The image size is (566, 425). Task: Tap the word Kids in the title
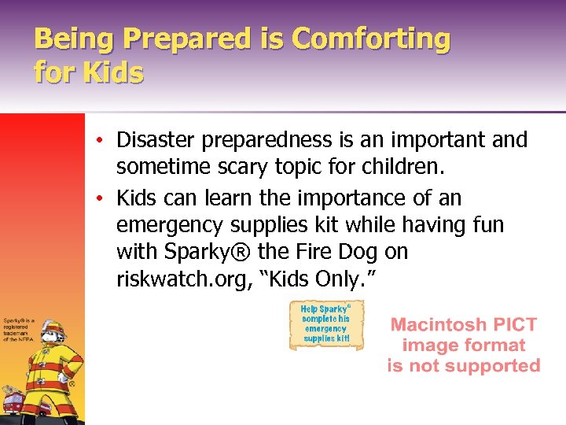pyautogui.click(x=111, y=72)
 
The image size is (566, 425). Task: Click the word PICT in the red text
pyautogui.click(x=515, y=324)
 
